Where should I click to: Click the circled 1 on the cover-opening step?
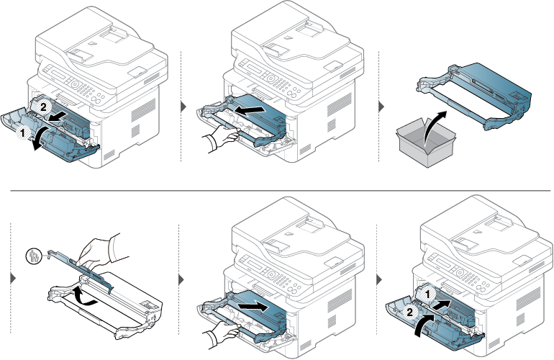pyautogui.click(x=23, y=133)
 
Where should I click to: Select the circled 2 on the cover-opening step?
pyautogui.click(x=42, y=106)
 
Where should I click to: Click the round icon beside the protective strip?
pyautogui.click(x=33, y=254)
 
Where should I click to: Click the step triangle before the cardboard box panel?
pyautogui.click(x=382, y=107)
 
